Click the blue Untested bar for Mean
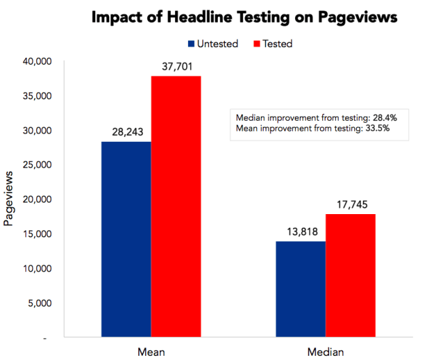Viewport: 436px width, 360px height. point(126,239)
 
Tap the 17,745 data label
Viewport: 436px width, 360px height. point(350,204)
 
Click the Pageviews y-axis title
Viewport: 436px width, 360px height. point(10,198)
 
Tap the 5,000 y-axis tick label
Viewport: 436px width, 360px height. point(41,303)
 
